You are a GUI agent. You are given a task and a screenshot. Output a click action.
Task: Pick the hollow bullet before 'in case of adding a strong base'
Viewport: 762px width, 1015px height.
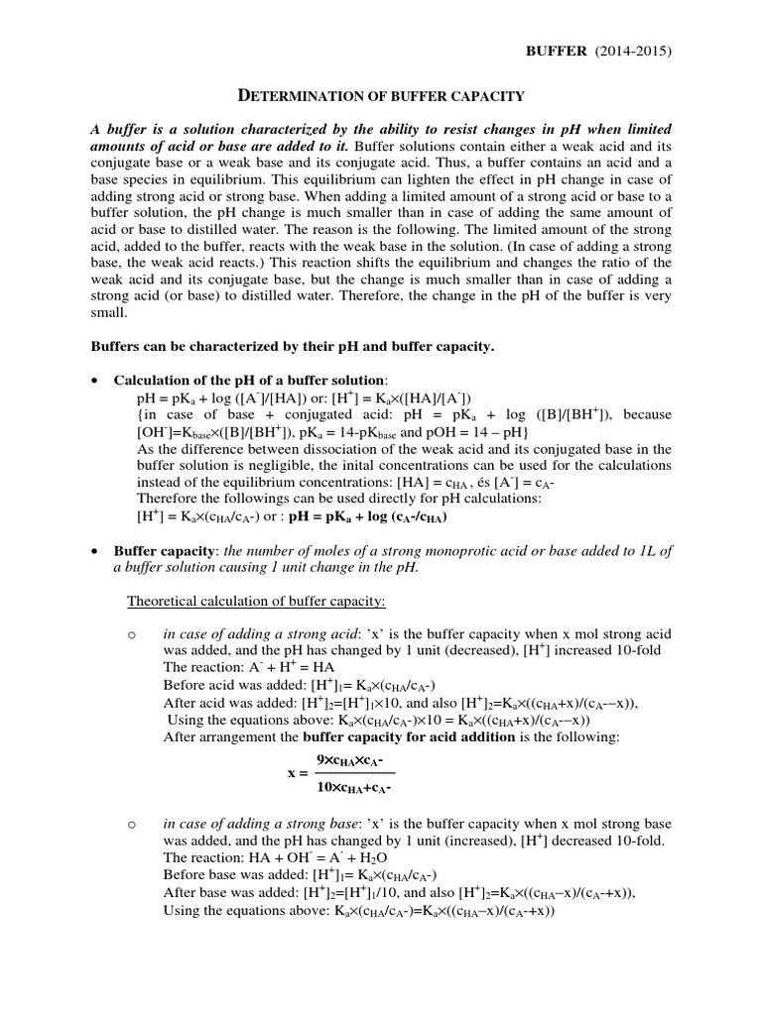131,824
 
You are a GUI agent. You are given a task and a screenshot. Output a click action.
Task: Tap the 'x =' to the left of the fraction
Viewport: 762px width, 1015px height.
296,773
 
